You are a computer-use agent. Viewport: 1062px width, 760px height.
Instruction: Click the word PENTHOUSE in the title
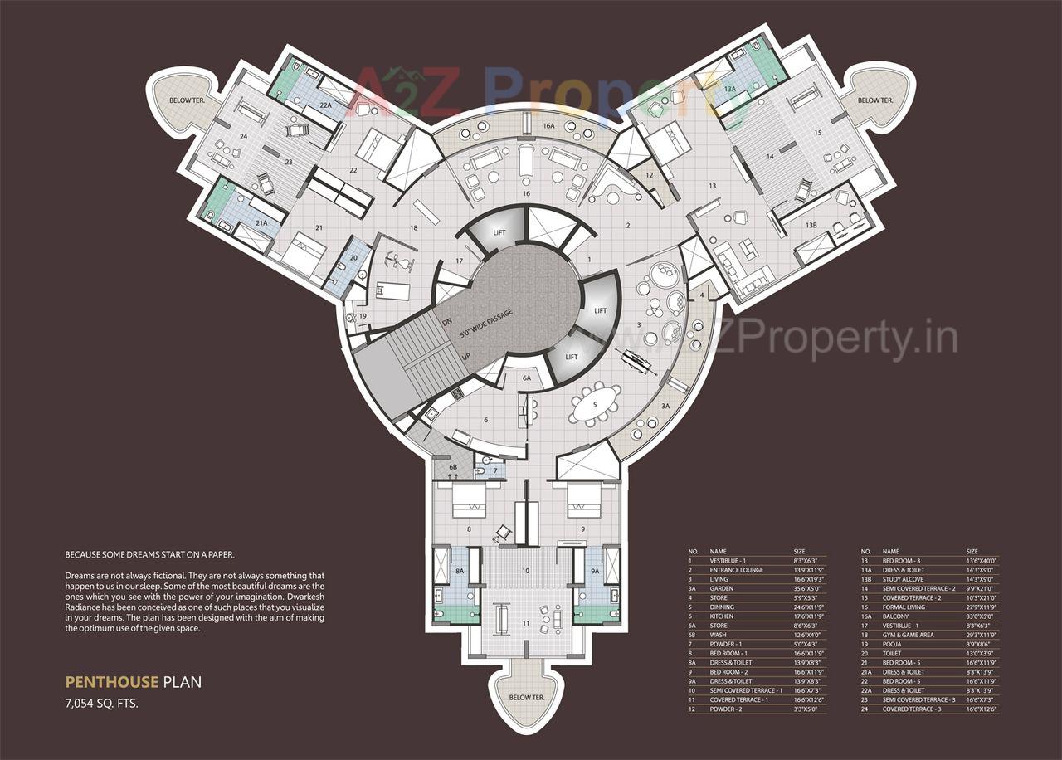click(111, 683)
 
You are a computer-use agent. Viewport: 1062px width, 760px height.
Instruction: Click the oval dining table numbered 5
click(595, 405)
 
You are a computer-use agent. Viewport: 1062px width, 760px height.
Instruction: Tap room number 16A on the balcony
click(548, 125)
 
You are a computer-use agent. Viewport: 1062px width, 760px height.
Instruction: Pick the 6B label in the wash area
click(453, 468)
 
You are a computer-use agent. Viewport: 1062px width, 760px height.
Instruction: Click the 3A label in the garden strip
click(665, 406)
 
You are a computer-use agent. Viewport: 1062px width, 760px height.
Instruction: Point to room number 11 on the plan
click(525, 623)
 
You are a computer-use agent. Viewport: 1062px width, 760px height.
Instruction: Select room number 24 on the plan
click(244, 137)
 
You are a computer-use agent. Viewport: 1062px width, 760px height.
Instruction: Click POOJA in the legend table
click(894, 644)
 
